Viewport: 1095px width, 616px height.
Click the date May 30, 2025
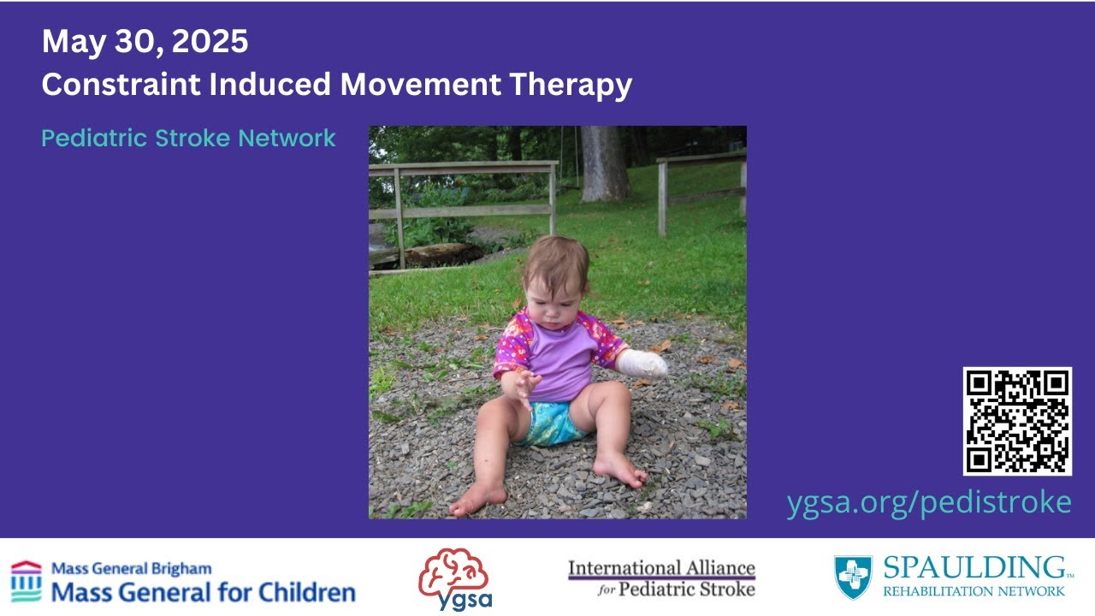145,42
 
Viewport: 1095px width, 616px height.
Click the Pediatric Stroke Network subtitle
188,138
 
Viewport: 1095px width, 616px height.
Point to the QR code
1017,421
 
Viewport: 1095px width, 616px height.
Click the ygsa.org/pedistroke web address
928,502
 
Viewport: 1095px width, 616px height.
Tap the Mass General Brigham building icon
26,581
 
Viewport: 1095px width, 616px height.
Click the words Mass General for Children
204,592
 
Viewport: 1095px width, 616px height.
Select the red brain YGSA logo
453,573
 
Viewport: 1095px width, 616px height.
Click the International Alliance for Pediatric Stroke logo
661,578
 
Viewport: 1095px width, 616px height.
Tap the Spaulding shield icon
853,577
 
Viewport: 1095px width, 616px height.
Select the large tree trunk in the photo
605,163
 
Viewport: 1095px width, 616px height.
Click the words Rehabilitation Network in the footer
974,591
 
